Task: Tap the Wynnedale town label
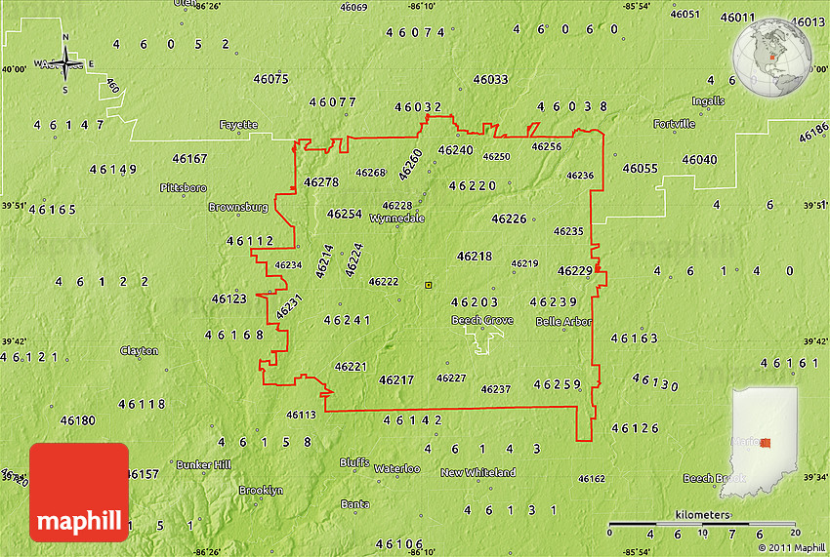click(x=396, y=219)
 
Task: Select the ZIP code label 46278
click(x=320, y=182)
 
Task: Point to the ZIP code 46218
click(x=475, y=257)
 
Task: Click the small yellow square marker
click(x=428, y=285)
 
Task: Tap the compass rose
click(x=65, y=64)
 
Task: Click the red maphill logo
click(x=79, y=493)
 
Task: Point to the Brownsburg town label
click(x=237, y=208)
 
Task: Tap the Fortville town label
click(x=675, y=124)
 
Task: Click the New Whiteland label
click(x=477, y=473)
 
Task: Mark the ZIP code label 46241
click(x=348, y=320)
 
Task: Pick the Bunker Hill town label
click(x=203, y=465)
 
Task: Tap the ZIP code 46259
click(x=559, y=384)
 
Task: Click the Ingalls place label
click(x=708, y=100)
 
